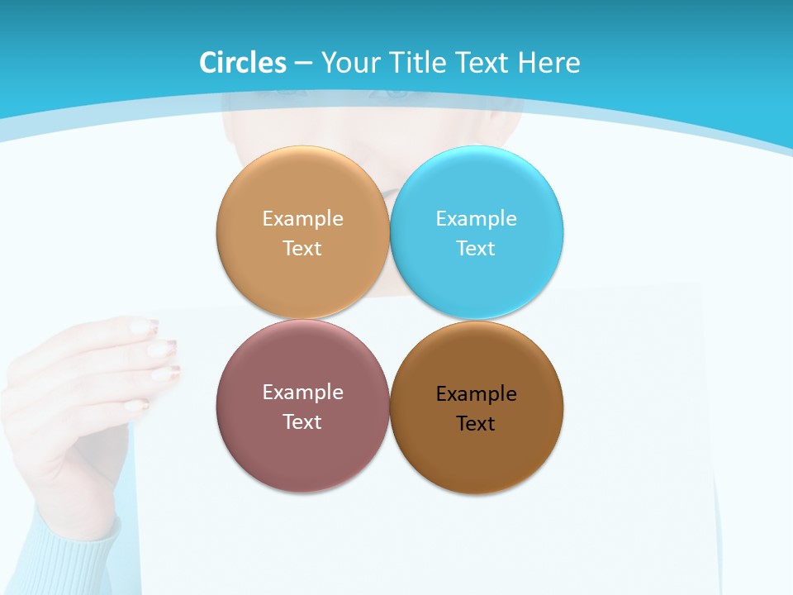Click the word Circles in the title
243,63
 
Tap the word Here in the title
548,63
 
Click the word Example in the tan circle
302,219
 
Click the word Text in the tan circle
302,249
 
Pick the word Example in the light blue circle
476,219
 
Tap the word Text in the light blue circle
476,249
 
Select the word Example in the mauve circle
302,393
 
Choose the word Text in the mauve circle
302,422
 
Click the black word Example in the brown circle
476,394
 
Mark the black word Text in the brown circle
476,424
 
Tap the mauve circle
302,455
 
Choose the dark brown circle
476,459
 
